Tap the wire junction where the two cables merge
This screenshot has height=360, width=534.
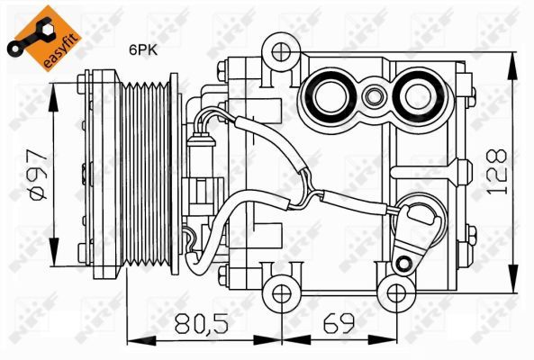coord(311,192)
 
